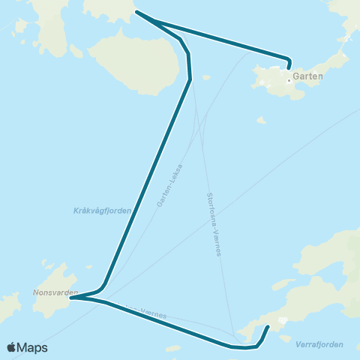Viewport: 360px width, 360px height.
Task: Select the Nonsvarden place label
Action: (x=55, y=292)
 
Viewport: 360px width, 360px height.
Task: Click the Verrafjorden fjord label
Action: (x=320, y=344)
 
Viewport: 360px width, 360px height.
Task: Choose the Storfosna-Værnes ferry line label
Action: (x=214, y=225)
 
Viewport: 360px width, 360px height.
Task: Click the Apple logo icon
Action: (x=11, y=347)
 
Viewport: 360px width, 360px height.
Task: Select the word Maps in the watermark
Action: (x=32, y=347)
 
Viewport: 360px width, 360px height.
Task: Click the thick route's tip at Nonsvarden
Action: (x=71, y=298)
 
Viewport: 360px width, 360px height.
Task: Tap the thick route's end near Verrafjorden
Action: (x=268, y=327)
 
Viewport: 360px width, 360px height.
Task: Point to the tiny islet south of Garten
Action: (x=260, y=120)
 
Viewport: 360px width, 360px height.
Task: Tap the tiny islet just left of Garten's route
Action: (x=206, y=77)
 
